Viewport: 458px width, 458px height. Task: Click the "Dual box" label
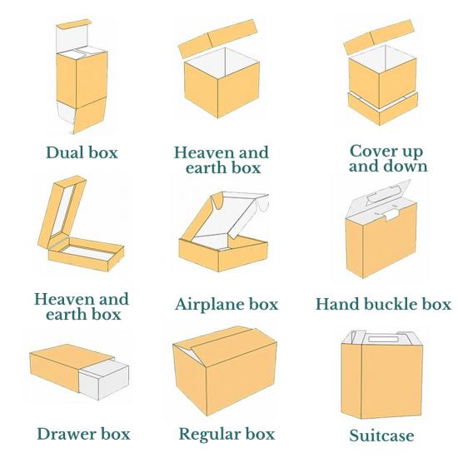click(82, 152)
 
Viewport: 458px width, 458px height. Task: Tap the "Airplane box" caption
click(227, 304)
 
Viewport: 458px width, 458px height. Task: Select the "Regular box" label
click(227, 434)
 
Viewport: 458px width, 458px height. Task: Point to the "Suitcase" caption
click(381, 436)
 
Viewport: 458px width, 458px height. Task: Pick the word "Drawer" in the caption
click(67, 434)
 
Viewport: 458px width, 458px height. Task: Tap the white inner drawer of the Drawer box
click(104, 379)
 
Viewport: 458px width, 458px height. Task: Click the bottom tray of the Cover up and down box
click(383, 109)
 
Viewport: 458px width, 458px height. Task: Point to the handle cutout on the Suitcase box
click(383, 339)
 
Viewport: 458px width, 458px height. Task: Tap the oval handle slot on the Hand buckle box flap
click(384, 193)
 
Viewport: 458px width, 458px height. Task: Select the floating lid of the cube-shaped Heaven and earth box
click(217, 38)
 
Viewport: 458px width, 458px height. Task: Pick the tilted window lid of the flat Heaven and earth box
click(62, 212)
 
